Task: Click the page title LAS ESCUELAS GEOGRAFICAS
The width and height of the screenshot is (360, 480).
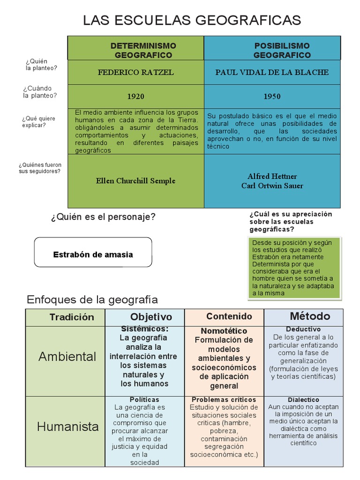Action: [192, 20]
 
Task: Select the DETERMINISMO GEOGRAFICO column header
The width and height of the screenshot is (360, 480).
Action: [143, 50]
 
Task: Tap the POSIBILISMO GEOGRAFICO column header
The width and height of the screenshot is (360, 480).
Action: [282, 50]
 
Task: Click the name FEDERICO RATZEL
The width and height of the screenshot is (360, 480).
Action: [135, 73]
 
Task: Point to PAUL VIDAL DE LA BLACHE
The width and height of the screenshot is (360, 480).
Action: [272, 73]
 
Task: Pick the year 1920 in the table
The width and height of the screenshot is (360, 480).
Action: [136, 97]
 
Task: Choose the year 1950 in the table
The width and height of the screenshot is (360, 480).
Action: [272, 97]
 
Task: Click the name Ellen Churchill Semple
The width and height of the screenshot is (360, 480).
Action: [135, 181]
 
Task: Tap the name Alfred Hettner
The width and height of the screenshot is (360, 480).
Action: [272, 176]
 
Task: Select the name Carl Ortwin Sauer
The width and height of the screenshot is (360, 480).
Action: [272, 186]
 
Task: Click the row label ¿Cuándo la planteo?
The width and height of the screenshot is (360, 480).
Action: [40, 92]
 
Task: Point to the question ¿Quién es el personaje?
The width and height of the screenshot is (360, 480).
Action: [103, 217]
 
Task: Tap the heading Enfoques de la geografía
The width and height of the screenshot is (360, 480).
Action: [92, 300]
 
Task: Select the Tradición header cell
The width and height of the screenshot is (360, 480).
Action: [72, 317]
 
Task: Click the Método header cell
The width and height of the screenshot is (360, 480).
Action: [310, 316]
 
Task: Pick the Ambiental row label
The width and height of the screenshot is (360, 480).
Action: [67, 357]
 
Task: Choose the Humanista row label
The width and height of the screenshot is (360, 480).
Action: [68, 427]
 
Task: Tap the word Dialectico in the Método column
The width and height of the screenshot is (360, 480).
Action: [303, 400]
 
